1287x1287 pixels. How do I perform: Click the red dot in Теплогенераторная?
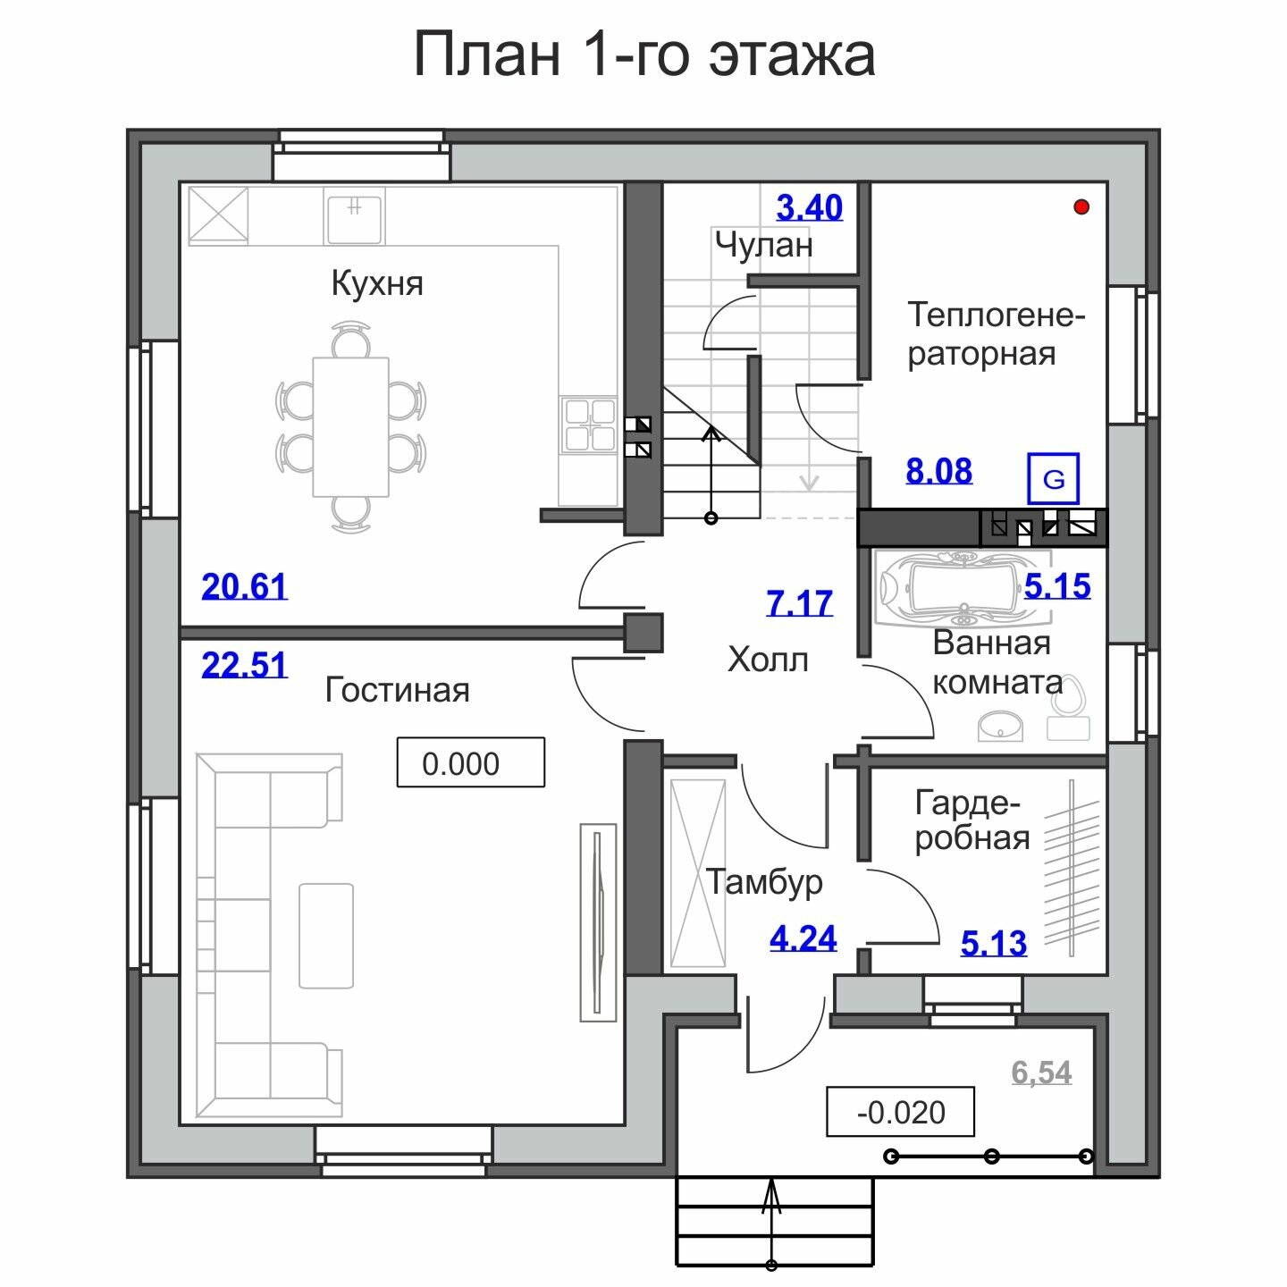coord(1081,207)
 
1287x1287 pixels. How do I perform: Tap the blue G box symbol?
coord(1053,478)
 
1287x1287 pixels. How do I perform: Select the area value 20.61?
coord(245,586)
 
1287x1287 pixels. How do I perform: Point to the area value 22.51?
coord(245,665)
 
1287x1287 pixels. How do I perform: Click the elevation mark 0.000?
coord(470,762)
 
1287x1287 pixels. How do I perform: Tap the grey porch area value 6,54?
coord(1041,1073)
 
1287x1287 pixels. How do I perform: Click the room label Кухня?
coord(377,283)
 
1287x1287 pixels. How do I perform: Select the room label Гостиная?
coord(398,690)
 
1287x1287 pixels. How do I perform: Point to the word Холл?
coord(768,660)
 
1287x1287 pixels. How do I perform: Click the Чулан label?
coord(764,245)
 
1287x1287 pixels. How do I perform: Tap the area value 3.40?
coord(810,207)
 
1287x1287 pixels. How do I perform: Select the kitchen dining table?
coord(350,427)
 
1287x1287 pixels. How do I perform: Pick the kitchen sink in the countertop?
coord(354,216)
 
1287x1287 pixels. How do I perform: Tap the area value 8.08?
coord(939,472)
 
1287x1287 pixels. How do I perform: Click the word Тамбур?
coord(764,881)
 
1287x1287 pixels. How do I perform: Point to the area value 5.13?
coord(994,944)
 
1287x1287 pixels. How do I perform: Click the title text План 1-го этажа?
coord(644,55)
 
